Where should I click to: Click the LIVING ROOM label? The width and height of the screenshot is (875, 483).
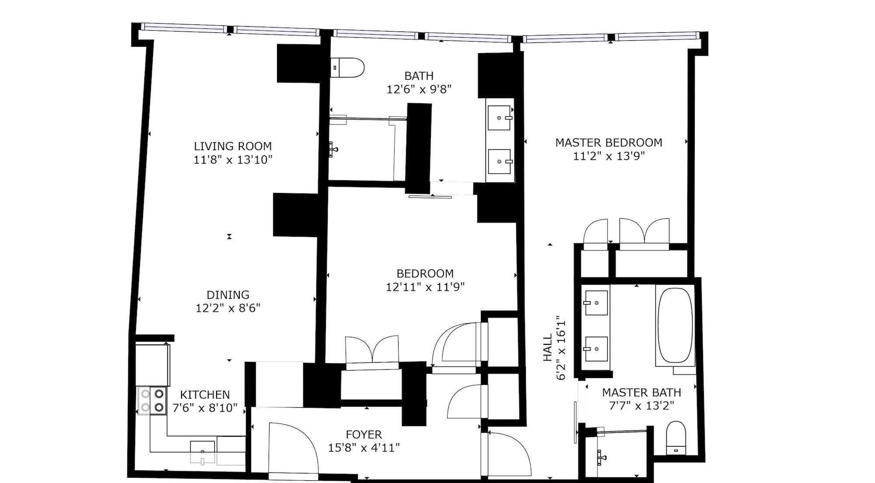233,146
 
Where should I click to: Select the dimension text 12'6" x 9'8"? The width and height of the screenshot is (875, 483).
419,89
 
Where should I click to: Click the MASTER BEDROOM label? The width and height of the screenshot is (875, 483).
609,143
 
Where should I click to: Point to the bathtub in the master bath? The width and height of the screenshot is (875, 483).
675,325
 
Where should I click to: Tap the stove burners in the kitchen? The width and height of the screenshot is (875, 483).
152,401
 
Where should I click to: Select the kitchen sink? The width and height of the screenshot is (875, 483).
202,451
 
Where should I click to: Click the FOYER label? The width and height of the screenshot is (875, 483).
364,434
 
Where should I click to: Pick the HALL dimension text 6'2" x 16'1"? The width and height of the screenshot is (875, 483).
562,348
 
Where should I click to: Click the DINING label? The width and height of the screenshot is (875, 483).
228,295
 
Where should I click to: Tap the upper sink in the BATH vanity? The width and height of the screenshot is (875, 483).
500,118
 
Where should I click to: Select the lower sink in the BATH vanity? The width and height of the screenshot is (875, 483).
500,161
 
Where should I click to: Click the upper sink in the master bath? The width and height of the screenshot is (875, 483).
596,303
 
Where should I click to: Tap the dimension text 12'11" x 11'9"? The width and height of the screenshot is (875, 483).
425,287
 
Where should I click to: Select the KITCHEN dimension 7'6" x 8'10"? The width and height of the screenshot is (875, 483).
205,408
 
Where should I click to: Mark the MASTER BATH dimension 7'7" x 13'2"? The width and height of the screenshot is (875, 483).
641,406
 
